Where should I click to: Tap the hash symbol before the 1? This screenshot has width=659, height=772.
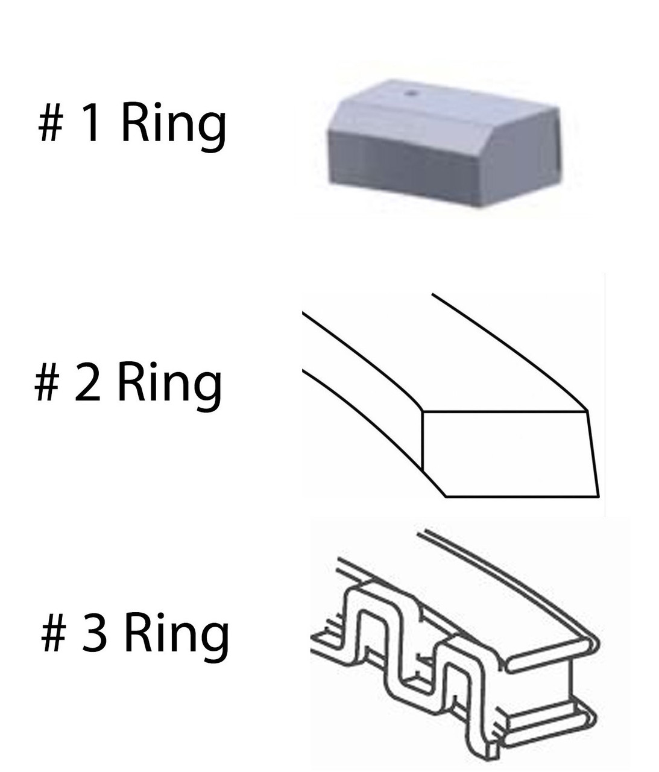[51, 122]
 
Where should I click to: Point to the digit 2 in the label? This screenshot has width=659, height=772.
[88, 381]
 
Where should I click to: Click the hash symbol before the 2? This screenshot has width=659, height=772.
[47, 382]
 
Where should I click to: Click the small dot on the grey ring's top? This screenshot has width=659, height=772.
[411, 93]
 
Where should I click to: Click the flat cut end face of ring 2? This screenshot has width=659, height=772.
[509, 454]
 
